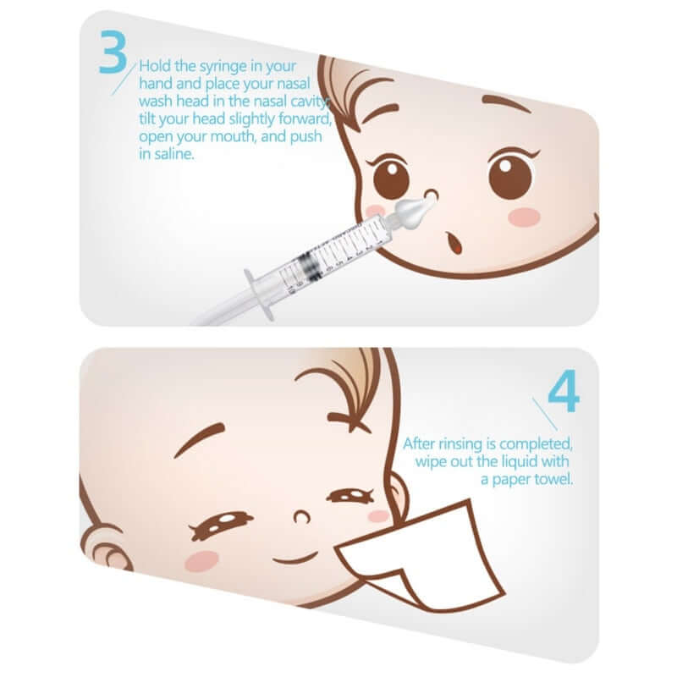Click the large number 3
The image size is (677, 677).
click(112, 52)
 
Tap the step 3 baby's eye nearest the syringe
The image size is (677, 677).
click(390, 176)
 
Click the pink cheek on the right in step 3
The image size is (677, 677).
click(524, 217)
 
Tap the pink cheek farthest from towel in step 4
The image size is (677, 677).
click(201, 560)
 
